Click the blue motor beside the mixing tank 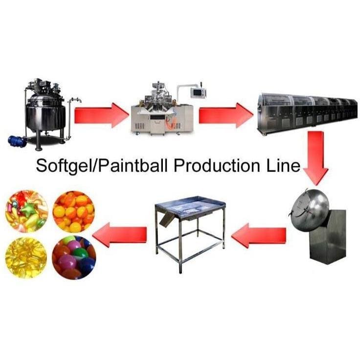click(17, 141)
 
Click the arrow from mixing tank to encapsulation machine click(102, 115)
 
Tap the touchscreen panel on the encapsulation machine click(198, 92)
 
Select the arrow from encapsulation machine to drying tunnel click(226, 115)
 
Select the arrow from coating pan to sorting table click(259, 235)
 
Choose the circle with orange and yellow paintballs click(74, 211)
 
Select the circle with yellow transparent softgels click(26, 257)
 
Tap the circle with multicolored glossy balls click(74, 257)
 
